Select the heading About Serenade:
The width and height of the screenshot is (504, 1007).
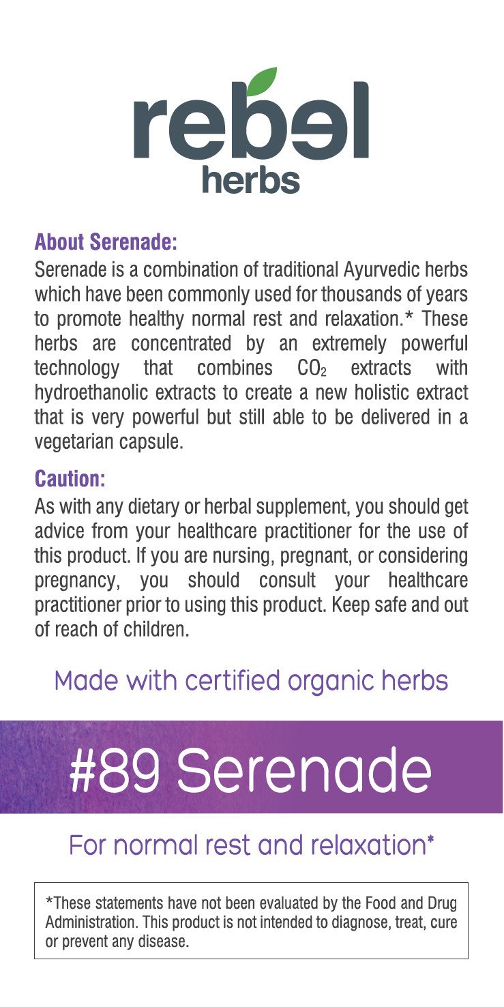point(106,242)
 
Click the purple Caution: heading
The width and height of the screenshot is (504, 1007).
point(70,478)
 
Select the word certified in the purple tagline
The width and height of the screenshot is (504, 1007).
point(226,681)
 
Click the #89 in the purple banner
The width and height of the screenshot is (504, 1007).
point(115,770)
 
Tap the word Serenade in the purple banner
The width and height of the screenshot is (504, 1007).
point(304,770)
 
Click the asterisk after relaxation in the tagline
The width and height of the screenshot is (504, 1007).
point(430,843)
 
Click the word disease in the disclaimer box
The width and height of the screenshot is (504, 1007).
point(164,942)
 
